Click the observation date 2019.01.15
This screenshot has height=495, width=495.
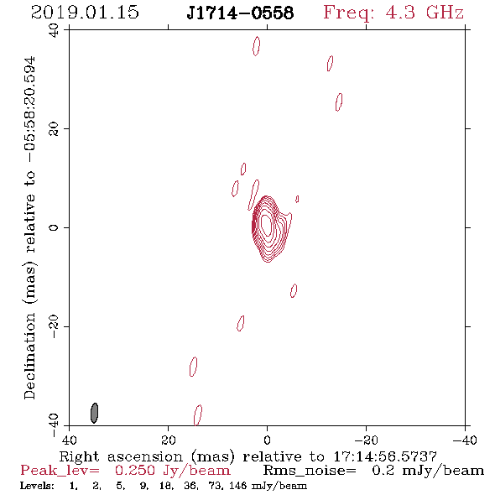pos(85,13)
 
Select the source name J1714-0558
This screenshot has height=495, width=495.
pos(240,13)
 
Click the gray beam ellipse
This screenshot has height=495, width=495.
pos(94,413)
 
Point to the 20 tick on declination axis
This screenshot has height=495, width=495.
pos(54,129)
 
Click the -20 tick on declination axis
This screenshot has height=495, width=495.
pos(54,326)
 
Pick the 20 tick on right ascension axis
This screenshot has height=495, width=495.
pos(169,440)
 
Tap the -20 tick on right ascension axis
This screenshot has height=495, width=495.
pos(366,440)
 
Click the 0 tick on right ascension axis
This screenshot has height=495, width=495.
pos(267,440)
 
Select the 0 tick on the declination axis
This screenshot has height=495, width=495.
pos(54,227)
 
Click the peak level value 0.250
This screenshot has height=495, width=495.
pos(135,471)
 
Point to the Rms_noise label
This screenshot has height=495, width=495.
pos(310,471)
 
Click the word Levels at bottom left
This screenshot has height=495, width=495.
pos(37,486)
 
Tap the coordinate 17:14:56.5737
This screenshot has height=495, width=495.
pos(385,456)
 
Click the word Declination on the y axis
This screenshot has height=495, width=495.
pos(29,356)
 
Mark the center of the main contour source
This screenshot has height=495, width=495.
pos(267,226)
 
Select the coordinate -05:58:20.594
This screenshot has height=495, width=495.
pos(29,109)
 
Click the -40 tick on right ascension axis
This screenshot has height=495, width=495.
pos(465,440)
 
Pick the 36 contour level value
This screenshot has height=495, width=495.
pos(190,486)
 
